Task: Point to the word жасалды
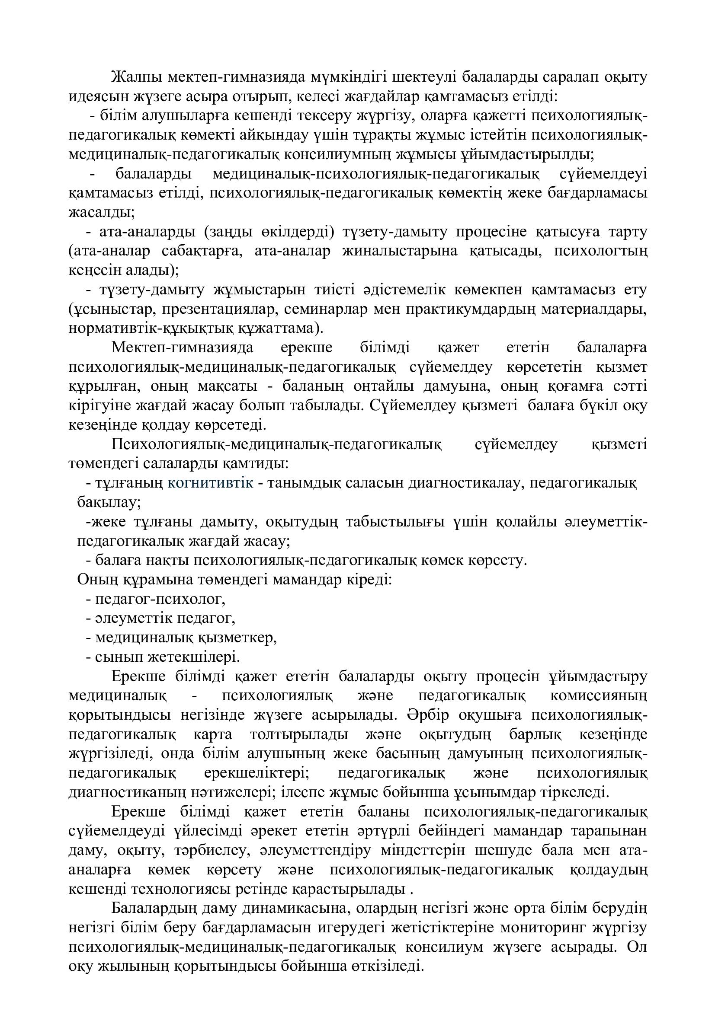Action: coord(101,213)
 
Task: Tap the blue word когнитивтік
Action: coord(211,483)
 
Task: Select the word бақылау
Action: coord(109,502)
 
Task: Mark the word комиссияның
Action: coord(599,696)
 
